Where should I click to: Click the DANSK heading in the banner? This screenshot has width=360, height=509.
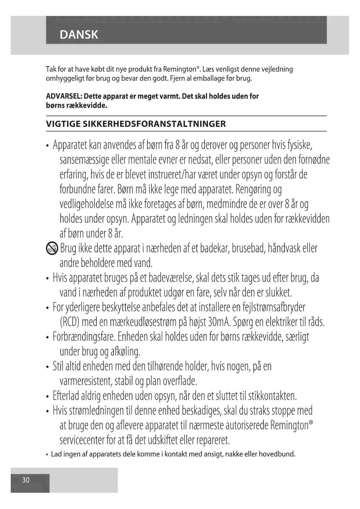[79, 35]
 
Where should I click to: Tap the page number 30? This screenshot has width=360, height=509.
[26, 480]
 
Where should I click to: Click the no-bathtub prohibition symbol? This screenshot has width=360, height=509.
[52, 249]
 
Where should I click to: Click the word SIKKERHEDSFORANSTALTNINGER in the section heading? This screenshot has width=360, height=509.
[154, 124]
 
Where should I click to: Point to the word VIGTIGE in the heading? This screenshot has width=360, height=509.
[63, 124]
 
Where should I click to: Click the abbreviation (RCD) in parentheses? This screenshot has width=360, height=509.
[70, 322]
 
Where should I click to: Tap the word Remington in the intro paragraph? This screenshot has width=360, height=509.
[180, 69]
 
